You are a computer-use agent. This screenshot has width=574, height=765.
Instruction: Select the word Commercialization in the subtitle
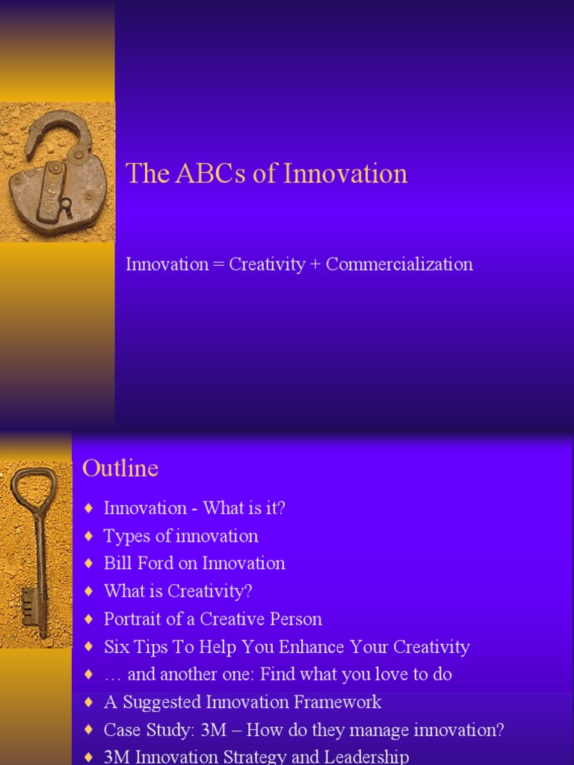pos(399,264)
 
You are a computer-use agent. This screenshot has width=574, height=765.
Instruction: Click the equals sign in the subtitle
pos(218,265)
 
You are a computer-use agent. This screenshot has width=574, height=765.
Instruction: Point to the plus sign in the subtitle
pos(315,265)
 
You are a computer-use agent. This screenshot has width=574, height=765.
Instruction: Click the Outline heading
pos(120,468)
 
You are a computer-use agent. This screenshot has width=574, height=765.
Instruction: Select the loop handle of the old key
pos(33,489)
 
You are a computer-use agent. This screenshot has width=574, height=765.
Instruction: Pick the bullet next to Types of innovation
pos(89,536)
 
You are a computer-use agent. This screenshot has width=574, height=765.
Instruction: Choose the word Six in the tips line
pos(117,647)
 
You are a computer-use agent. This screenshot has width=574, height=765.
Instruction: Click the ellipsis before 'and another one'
pos(113,675)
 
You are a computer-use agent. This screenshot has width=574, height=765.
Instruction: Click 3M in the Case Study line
pos(214,730)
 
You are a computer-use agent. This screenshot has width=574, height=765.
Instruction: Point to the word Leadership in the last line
pos(366,757)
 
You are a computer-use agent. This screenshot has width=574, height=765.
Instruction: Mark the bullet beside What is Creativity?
pos(89,592)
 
